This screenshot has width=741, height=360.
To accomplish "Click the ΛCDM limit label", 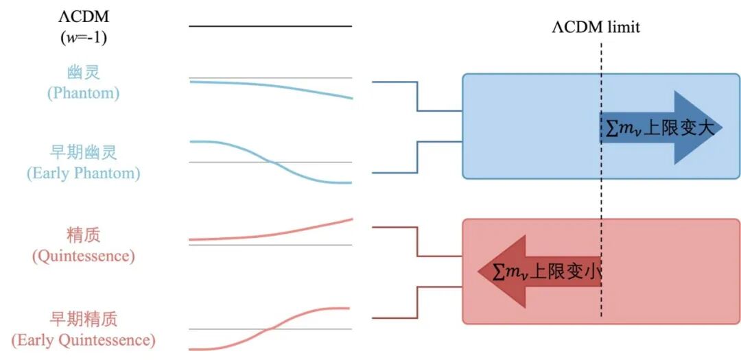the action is (x=596, y=27).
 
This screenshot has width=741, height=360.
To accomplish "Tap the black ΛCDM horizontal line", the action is (x=270, y=26).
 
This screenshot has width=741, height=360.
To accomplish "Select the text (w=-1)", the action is (x=84, y=37).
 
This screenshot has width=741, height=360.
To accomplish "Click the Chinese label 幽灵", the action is (x=84, y=72).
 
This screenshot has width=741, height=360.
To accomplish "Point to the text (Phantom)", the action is (x=84, y=93).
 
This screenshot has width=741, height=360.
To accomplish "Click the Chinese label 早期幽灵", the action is (x=84, y=153).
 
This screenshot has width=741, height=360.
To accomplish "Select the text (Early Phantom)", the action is (x=84, y=173).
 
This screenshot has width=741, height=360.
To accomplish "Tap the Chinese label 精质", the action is (x=84, y=235).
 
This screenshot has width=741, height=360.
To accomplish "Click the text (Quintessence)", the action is (x=84, y=256).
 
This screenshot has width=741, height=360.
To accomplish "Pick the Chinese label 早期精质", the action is (x=84, y=320).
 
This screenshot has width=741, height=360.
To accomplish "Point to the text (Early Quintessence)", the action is (x=84, y=340).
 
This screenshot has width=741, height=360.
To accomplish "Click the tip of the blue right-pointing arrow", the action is (x=722, y=128).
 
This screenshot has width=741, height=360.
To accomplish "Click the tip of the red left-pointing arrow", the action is (x=478, y=272).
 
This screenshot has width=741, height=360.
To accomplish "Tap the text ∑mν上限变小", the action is (x=546, y=272).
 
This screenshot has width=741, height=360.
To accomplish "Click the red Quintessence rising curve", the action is (x=270, y=234).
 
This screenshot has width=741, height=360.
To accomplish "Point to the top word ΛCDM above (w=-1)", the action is (x=84, y=17).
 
